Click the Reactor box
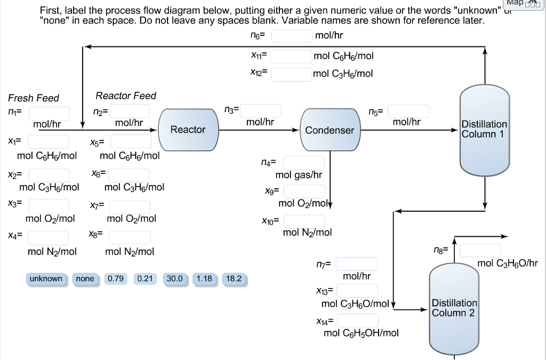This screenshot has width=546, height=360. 188,130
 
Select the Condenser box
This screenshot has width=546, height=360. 330,130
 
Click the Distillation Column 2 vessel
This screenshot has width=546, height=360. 454,308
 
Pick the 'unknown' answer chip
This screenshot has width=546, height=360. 46,279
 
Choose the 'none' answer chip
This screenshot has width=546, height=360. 85,279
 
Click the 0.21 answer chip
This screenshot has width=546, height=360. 145,279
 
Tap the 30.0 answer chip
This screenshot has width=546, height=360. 174,279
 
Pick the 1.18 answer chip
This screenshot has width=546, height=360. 204,279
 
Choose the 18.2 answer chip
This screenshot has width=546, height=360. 234,279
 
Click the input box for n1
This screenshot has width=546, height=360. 49,114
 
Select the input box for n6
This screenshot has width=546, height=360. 292,36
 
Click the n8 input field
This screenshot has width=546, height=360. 480,250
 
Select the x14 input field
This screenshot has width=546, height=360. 357,321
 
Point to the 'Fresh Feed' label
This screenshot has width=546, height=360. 34,98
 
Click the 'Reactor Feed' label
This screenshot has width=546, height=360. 126,96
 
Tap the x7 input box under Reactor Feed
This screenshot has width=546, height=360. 130,207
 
